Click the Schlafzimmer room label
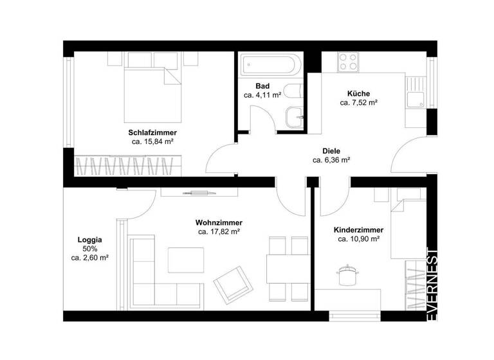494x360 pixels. tap(152, 132)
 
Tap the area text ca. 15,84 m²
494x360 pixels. tap(152, 141)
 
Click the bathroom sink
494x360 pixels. tap(295, 118)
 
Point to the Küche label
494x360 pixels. tap(358, 93)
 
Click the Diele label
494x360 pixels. tap(331, 151)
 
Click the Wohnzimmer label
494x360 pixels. tap(219, 223)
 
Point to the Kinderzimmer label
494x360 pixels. tap(358, 230)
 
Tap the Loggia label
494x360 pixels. tap(89, 240)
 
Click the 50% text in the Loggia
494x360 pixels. tap(89, 249)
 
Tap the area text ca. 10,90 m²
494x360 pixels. tap(358, 239)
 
